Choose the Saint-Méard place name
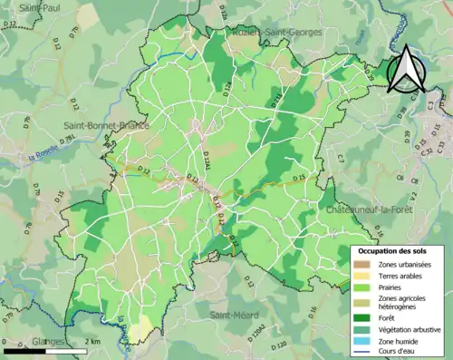[233, 315]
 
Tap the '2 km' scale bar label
[92, 340]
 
